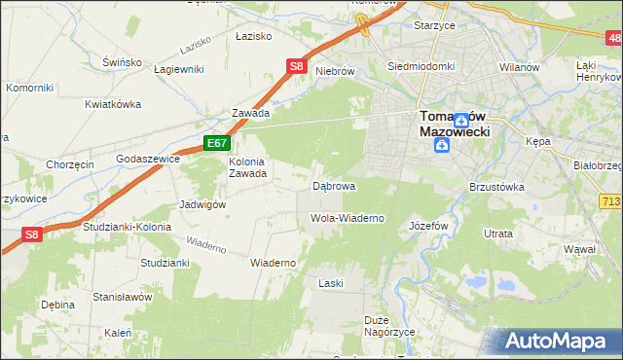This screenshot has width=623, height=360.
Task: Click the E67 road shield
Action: (216, 143)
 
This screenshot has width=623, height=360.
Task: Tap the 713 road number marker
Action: (610, 200)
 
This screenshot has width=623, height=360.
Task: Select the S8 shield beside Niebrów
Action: (298, 67)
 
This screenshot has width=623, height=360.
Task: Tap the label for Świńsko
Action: (123, 61)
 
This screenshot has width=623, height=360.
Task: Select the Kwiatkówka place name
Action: (113, 104)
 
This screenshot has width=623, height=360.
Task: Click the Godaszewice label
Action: (145, 158)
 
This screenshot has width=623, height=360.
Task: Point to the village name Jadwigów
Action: (202, 204)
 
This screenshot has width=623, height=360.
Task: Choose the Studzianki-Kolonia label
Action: (127, 227)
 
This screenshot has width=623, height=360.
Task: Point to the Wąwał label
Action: (579, 250)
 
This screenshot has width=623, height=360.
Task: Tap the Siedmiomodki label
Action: (421, 67)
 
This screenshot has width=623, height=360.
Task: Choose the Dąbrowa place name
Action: (333, 185)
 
